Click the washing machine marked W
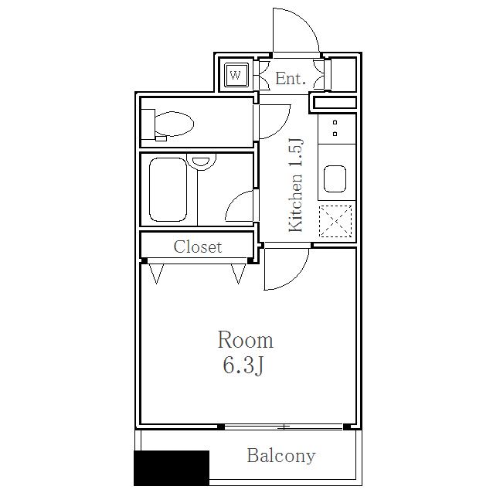point(236,75)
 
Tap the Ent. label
point(291,78)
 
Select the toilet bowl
point(174,124)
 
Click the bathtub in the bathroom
point(168,189)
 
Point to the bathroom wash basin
point(201,161)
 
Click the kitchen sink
point(335,178)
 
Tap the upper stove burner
point(335,122)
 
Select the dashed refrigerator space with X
point(335,221)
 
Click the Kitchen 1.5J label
point(296,185)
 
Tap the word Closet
point(198,246)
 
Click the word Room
point(246,340)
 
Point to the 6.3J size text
point(243,365)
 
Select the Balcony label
point(281,456)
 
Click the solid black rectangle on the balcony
point(172,468)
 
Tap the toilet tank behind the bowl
point(148,124)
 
